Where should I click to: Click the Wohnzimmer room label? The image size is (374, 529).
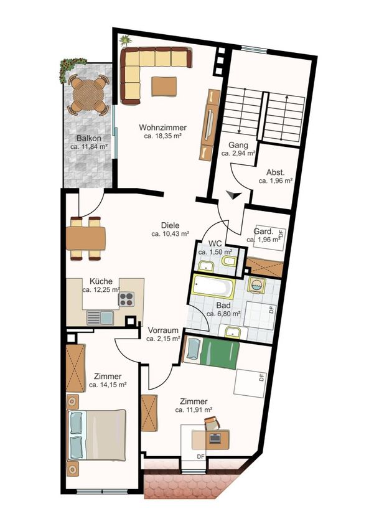(162, 128)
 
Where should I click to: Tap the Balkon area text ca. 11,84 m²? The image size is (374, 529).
(89, 147)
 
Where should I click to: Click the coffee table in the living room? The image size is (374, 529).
(164, 87)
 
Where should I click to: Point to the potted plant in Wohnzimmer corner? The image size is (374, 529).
(126, 41)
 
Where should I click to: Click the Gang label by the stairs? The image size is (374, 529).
(238, 145)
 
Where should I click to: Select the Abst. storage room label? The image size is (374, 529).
(275, 172)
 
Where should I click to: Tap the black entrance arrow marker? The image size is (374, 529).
(233, 195)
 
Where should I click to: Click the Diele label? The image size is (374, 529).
(170, 225)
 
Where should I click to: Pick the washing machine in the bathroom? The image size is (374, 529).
(256, 286)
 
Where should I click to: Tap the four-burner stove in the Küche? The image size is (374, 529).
(126, 299)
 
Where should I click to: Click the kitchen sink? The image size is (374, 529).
(100, 318)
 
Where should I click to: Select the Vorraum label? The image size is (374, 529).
(163, 330)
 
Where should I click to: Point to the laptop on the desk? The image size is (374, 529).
(215, 438)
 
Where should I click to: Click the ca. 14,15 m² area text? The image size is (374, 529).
(108, 385)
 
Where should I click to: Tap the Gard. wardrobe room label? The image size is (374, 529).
(263, 232)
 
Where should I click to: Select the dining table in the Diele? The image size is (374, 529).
(86, 238)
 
